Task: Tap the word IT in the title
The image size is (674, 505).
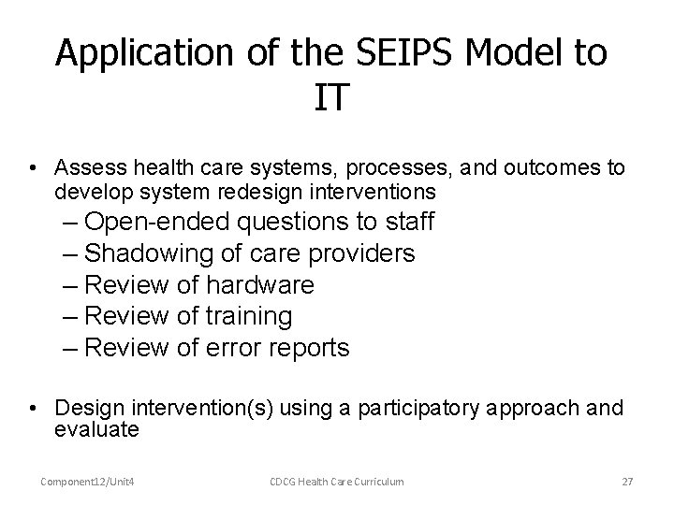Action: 331,97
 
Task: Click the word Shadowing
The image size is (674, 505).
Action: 152,253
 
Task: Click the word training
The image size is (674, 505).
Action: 248,317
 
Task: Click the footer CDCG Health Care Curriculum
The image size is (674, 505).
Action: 337,482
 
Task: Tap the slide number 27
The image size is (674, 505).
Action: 627,482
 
